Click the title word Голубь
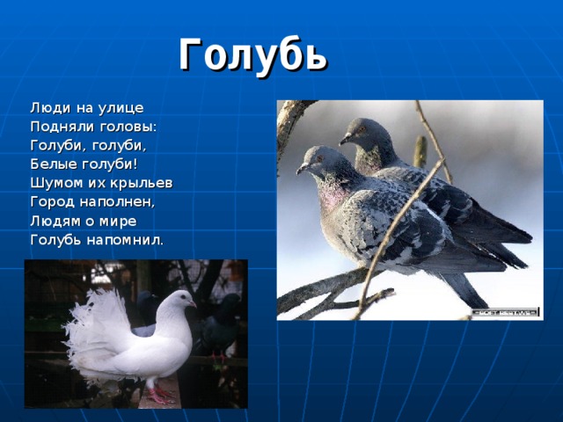pos(253,55)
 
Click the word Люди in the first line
pos(48,108)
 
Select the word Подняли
pos(62,127)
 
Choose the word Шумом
pos(55,182)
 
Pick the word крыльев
pos(141,182)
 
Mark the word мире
pos(118,220)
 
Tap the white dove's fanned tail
pos(88,330)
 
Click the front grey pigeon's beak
pos(300,169)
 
